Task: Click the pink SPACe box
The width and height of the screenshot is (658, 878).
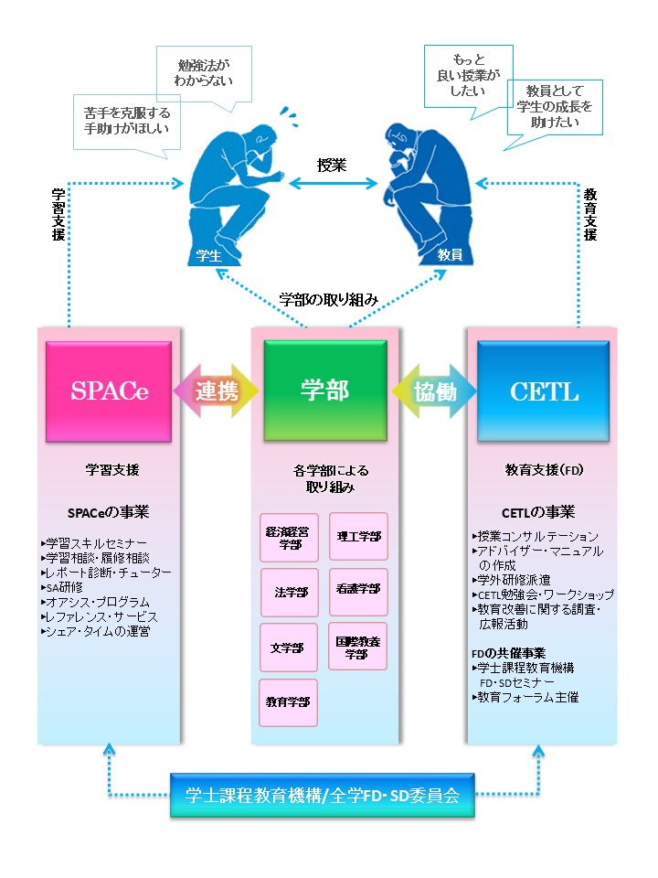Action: pyautogui.click(x=110, y=391)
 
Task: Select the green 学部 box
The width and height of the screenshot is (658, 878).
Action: pyautogui.click(x=324, y=391)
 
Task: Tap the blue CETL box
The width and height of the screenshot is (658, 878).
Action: pyautogui.click(x=544, y=391)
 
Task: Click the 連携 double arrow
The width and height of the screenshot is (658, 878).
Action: pyautogui.click(x=217, y=391)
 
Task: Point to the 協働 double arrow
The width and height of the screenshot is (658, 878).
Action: pyautogui.click(x=434, y=391)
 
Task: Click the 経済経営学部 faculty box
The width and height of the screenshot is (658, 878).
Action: pyautogui.click(x=289, y=536)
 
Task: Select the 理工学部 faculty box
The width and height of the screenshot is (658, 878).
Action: pyautogui.click(x=358, y=536)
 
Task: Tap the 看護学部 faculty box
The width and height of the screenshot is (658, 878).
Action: pyautogui.click(x=358, y=592)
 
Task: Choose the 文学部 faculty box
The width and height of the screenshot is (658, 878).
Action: pyautogui.click(x=289, y=648)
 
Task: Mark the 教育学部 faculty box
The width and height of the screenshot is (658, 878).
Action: pyautogui.click(x=289, y=702)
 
